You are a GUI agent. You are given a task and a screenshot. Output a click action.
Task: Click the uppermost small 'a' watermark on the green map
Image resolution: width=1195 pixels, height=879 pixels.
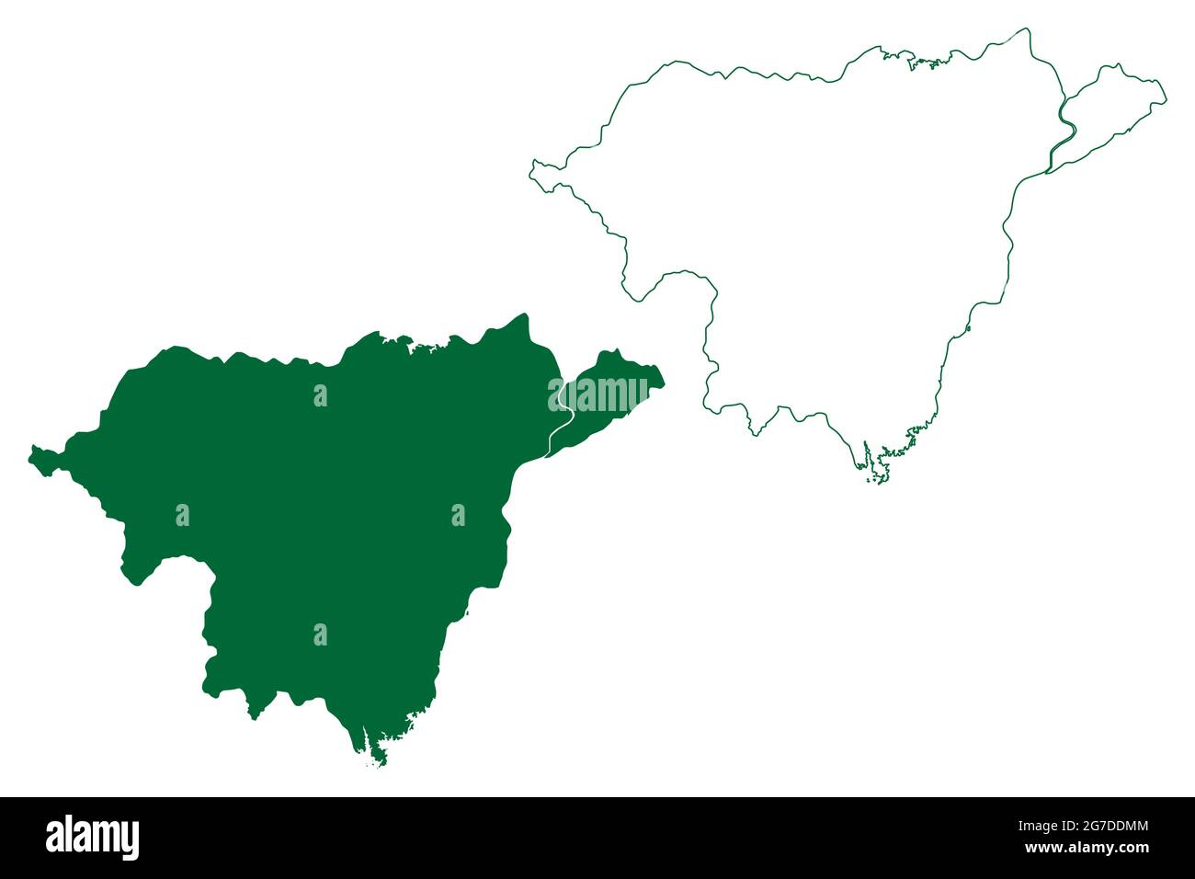click(320, 395)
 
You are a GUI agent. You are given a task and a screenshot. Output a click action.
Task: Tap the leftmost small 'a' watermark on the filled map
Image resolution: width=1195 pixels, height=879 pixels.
click(182, 516)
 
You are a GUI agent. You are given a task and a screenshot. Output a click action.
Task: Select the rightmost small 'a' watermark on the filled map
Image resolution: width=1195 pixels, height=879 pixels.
click(458, 516)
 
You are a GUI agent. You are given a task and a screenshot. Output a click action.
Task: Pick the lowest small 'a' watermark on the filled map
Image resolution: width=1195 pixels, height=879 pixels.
click(320, 634)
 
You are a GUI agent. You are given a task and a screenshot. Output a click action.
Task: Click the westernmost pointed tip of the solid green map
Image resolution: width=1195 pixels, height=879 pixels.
click(33, 453)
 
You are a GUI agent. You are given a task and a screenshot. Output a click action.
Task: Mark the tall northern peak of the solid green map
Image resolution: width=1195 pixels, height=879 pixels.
click(524, 318)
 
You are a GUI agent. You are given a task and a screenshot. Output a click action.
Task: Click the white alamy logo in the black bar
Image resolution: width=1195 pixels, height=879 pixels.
click(92, 838)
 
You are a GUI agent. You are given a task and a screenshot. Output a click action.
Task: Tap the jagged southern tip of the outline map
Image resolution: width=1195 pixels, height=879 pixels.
click(878, 477)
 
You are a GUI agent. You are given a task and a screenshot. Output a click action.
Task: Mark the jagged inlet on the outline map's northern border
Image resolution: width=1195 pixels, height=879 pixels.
click(924, 63)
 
